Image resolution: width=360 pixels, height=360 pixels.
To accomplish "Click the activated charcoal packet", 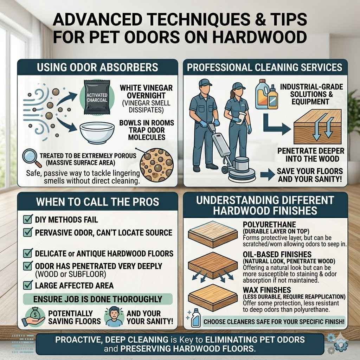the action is click(x=97, y=97).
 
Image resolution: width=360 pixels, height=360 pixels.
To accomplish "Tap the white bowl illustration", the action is click(x=97, y=133).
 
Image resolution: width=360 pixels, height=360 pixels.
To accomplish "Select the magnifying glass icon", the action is click(x=31, y=157).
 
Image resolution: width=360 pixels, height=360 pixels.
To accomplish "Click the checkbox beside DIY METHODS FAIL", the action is click(x=28, y=219).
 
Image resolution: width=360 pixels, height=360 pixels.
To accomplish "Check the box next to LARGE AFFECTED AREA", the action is click(x=28, y=285).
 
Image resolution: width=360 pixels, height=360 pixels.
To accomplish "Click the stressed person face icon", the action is click(x=114, y=317).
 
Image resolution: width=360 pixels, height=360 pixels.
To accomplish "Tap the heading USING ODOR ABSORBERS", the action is click(x=97, y=67).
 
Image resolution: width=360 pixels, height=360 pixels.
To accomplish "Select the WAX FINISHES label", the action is click(x=267, y=290).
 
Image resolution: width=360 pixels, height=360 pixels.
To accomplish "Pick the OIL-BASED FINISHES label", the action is click(x=277, y=255).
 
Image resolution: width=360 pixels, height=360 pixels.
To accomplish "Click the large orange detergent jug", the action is click(x=262, y=94).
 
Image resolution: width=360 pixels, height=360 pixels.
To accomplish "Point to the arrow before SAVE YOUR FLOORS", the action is click(x=268, y=175).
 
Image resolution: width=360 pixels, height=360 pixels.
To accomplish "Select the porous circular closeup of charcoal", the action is click(x=156, y=166).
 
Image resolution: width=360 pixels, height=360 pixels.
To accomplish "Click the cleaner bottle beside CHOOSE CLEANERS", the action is click(x=196, y=318).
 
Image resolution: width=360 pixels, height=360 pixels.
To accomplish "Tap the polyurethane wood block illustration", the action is click(x=213, y=234).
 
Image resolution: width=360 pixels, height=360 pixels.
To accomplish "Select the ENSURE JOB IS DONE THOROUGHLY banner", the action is click(x=98, y=299).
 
